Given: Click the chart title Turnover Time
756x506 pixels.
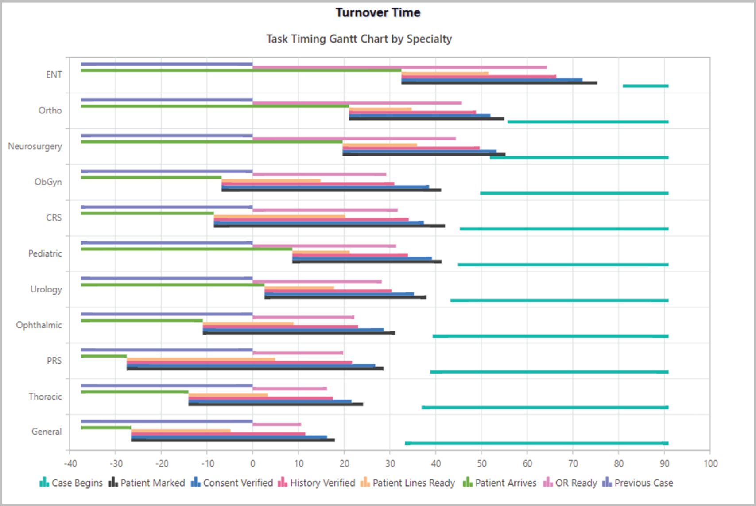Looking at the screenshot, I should click(x=378, y=12).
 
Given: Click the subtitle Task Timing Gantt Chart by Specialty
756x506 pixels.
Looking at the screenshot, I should click(x=359, y=39).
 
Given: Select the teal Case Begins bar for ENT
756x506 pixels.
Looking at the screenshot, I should click(x=645, y=86).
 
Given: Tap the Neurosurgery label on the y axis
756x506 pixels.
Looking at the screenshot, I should click(x=35, y=146).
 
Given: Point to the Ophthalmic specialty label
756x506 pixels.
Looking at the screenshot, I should click(x=39, y=325).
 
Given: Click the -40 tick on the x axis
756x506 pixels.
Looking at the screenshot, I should click(x=70, y=463).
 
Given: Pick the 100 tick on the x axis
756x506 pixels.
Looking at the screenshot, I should click(x=710, y=463).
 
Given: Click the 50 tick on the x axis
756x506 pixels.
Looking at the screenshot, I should click(x=481, y=463).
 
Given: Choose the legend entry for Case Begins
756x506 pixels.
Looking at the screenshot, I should click(x=71, y=483).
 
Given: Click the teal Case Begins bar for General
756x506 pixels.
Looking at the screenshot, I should click(x=536, y=443).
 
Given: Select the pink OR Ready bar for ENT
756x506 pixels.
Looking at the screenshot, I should click(x=399, y=67).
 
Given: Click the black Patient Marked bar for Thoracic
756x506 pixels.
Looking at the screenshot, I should click(x=275, y=404).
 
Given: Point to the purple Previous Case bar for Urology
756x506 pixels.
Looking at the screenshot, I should click(x=167, y=279).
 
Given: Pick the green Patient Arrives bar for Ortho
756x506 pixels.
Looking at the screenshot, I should click(x=215, y=106).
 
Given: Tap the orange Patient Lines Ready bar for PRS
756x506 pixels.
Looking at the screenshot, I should click(x=201, y=359).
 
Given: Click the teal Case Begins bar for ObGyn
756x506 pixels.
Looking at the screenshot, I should click(x=574, y=193).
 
